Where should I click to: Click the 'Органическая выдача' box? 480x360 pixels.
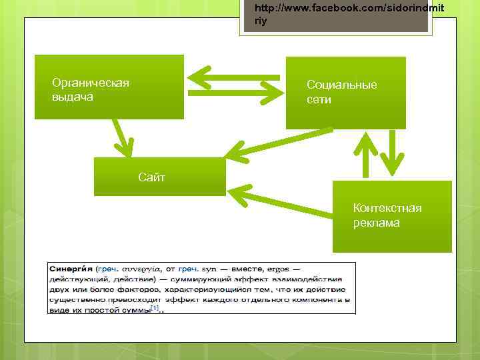pos(109,87)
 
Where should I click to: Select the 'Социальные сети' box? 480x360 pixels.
pos(345,93)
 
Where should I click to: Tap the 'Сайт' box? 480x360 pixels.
pos(159,177)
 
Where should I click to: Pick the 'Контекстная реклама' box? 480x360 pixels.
pos(392,216)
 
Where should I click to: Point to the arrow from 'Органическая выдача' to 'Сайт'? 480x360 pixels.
pos(121,138)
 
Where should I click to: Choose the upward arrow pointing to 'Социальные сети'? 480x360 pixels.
pos(365,153)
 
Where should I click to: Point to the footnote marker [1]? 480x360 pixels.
pos(155,308)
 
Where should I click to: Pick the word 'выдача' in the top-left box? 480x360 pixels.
pos(73,97)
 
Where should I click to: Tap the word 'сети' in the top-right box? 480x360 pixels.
pos(319,99)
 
